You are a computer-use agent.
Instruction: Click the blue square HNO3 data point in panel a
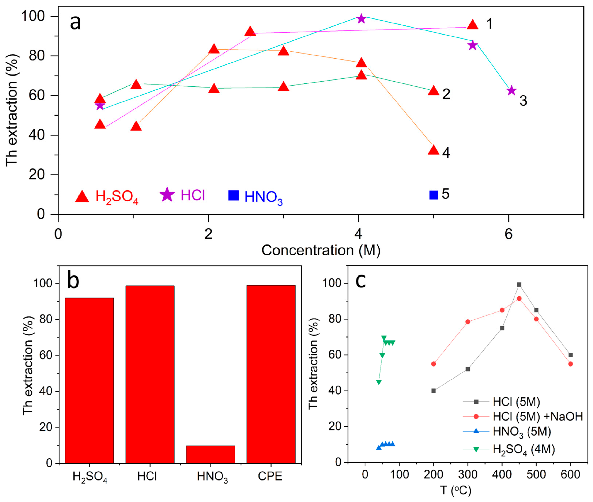click(x=433, y=195)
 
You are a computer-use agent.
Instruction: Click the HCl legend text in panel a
click(x=193, y=195)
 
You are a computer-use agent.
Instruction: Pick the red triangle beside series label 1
click(x=473, y=25)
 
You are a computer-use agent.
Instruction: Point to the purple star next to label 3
click(x=512, y=90)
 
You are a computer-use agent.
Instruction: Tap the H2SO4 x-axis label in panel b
click(x=90, y=476)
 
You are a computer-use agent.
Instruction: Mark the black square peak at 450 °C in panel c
click(x=519, y=285)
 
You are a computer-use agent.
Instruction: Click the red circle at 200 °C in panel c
click(x=433, y=364)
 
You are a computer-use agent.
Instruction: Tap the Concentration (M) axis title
click(x=321, y=250)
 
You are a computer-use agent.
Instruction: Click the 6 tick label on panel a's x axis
click(x=508, y=234)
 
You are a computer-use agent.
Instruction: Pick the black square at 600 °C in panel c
click(x=570, y=355)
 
